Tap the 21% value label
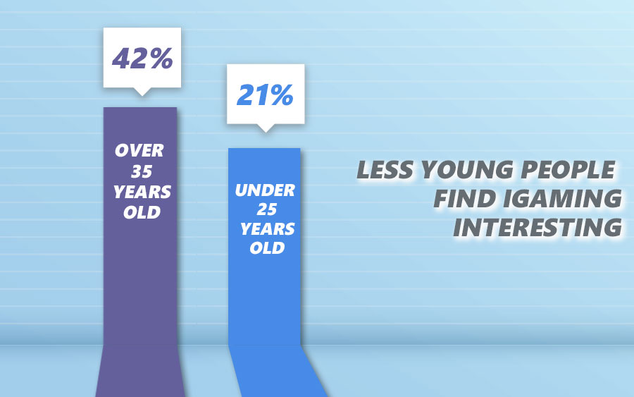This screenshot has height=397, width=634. click(264, 94)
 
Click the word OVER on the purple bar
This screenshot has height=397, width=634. click(140, 150)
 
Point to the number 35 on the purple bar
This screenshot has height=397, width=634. click(140, 171)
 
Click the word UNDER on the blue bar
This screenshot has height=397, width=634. click(264, 190)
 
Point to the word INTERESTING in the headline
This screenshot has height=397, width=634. click(537, 228)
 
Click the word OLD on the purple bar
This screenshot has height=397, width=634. click(140, 212)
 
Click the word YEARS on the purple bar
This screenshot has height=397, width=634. click(140, 191)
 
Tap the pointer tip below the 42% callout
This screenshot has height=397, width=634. click(142, 93)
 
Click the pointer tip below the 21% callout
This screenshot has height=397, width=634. click(264, 130)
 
